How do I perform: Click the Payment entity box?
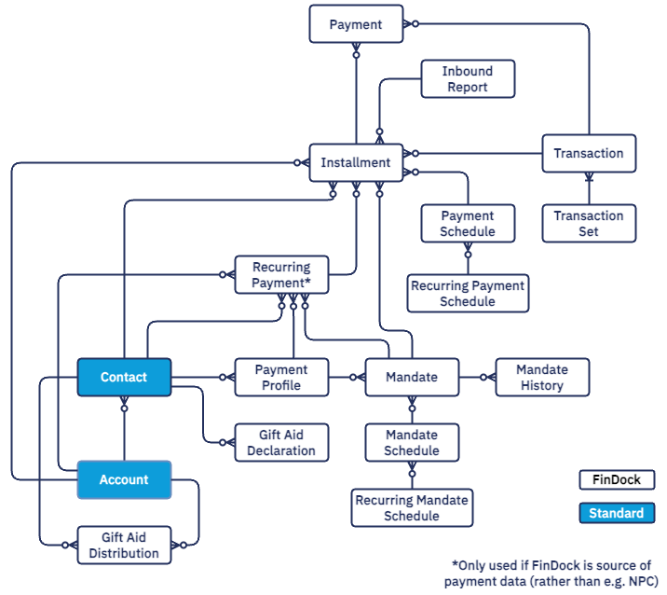tap(356, 25)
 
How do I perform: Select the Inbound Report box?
tap(468, 79)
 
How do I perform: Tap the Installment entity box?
tap(356, 162)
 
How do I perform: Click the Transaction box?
tap(589, 153)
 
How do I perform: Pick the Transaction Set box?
tap(589, 224)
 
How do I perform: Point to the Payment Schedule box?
tap(468, 224)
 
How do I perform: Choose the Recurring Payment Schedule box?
tap(468, 294)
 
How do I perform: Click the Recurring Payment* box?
tap(281, 275)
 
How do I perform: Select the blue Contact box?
tap(124, 377)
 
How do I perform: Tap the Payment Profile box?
tap(281, 378)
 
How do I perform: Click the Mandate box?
tap(412, 378)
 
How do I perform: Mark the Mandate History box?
tap(542, 378)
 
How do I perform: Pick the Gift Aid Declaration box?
tap(281, 443)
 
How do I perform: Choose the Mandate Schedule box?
tap(412, 443)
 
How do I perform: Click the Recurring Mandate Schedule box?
tap(412, 508)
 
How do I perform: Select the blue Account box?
tap(124, 479)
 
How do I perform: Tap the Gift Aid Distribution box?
tap(124, 546)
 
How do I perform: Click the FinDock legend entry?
tap(616, 480)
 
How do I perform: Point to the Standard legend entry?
tap(616, 513)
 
